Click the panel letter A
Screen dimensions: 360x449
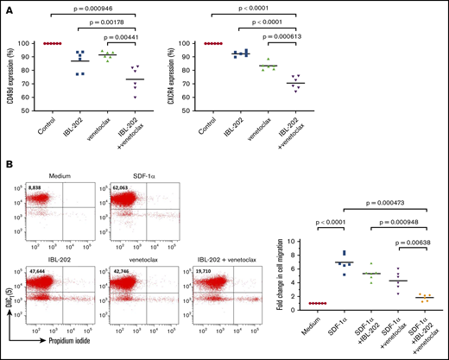pyautogui.click(x=8, y=7)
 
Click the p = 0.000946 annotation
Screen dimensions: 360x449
pyautogui.click(x=103, y=6)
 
